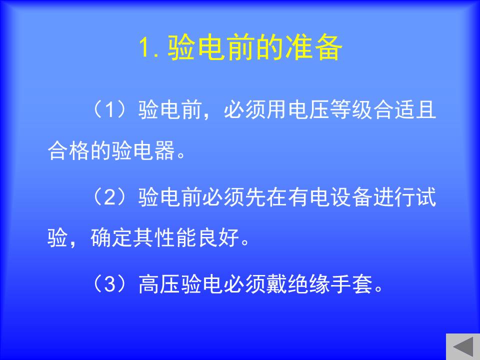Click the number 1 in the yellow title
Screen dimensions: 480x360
pos(144,47)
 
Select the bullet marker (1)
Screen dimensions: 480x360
pos(109,109)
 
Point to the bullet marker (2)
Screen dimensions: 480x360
pos(109,197)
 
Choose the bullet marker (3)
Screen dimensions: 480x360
pos(109,284)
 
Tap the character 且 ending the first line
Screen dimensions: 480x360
pos(426,109)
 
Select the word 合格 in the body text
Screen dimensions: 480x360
pos(69,150)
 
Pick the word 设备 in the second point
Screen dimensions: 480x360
pos(351,197)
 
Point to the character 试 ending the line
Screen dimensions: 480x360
pos(426,197)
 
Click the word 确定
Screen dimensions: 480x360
pos(111,237)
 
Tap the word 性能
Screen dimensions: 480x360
pos(175,237)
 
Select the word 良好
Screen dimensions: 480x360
pos(218,237)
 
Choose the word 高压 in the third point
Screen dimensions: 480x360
pos(159,284)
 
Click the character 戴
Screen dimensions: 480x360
pos(276,284)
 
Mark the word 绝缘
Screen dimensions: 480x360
pos(308,284)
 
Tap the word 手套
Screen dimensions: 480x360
pos(351,284)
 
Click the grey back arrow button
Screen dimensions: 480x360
pos(463,346)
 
